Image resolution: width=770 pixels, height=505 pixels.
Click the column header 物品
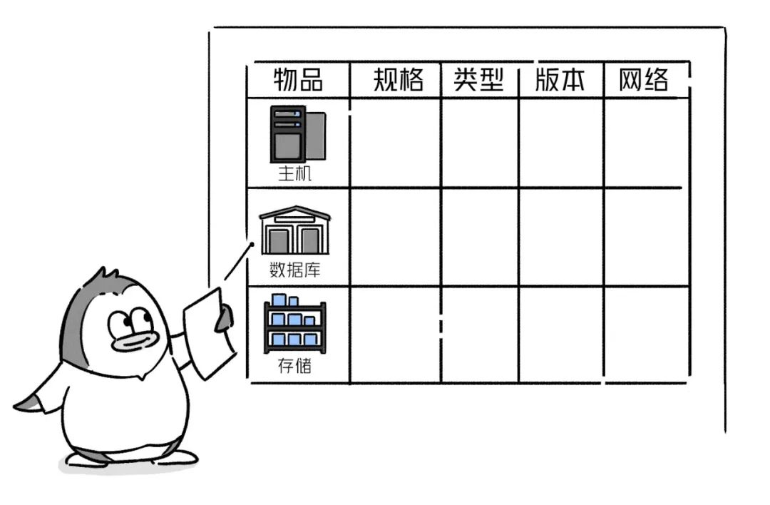[298, 80]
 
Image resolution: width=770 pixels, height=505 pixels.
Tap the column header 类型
[479, 80]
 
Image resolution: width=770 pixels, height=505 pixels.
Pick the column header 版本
[560, 80]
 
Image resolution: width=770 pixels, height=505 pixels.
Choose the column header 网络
[644, 80]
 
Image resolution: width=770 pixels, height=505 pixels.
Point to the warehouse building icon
[295, 230]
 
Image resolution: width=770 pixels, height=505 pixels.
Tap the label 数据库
[294, 270]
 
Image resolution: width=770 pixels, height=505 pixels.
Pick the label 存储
[294, 367]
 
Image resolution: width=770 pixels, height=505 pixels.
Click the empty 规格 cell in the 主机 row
[395, 143]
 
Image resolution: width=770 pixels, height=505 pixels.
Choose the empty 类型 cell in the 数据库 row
[479, 237]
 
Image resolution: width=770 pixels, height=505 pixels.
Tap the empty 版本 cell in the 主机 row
[560, 143]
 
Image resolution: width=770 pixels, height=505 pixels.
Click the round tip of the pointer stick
[252, 245]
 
